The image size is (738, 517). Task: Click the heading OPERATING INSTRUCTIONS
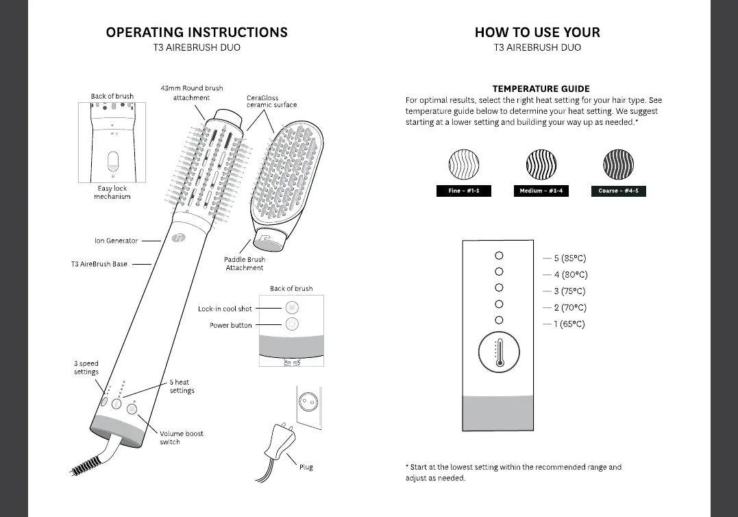click(197, 32)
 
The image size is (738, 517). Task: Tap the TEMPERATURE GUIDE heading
click(541, 88)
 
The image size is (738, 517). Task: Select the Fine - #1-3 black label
click(463, 191)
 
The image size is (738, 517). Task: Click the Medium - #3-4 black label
click(541, 191)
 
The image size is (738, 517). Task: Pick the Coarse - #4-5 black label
click(617, 191)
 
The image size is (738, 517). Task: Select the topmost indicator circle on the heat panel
click(499, 255)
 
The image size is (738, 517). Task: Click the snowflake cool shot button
click(291, 308)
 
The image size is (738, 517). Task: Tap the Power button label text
click(230, 326)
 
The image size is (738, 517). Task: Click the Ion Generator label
click(116, 241)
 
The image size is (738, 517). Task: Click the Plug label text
click(306, 467)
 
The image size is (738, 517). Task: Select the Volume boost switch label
click(181, 437)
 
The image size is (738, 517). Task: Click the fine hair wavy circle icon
click(463, 165)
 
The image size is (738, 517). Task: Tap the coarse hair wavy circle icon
click(617, 165)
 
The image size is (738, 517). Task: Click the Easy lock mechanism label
click(112, 193)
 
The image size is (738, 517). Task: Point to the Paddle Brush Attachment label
click(245, 264)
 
